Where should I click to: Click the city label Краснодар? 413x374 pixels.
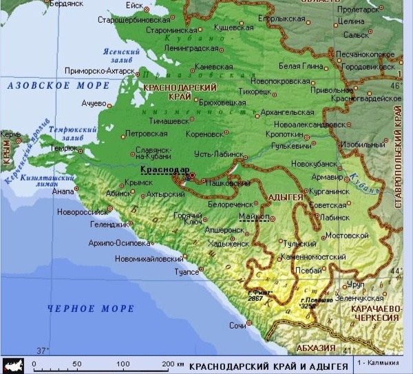coord(164,169)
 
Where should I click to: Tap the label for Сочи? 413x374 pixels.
coord(237,324)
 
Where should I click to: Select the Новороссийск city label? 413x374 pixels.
coord(81,211)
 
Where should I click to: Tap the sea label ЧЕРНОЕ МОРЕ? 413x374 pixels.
coord(91,309)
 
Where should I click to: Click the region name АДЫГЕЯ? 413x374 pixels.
coord(284,198)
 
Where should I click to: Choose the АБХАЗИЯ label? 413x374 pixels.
coord(316,348)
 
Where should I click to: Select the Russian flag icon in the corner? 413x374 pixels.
coord(12,365)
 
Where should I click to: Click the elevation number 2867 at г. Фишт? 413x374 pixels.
coord(256,298)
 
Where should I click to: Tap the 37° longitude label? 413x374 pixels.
coord(43,351)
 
